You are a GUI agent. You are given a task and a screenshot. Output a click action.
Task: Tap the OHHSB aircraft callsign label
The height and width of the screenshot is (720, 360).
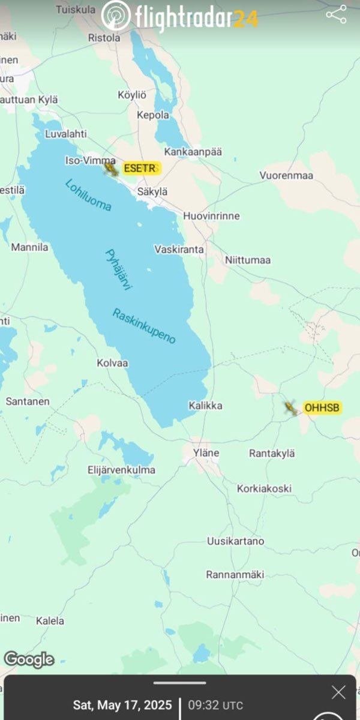click(322, 408)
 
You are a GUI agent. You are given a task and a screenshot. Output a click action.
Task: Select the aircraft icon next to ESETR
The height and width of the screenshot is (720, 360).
click(111, 169)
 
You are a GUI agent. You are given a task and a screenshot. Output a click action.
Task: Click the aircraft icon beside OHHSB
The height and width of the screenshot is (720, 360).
click(291, 409)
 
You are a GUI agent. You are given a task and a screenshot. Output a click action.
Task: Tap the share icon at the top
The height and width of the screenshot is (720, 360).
click(336, 15)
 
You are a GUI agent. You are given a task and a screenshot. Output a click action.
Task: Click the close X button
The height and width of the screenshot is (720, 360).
click(338, 692)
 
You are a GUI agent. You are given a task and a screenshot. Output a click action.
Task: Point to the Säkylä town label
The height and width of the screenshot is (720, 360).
click(152, 191)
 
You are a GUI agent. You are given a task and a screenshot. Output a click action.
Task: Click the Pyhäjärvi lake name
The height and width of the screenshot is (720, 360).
click(119, 270)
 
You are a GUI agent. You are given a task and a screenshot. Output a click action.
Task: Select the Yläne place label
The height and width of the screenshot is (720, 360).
click(206, 453)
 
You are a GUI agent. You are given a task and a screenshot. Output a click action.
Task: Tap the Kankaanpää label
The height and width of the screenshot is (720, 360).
click(193, 152)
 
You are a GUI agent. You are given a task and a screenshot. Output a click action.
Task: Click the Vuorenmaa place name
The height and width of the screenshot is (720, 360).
click(287, 175)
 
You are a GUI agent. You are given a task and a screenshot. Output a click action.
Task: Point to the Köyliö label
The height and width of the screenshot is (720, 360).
click(132, 95)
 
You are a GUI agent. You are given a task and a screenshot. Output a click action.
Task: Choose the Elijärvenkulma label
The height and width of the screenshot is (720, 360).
click(121, 470)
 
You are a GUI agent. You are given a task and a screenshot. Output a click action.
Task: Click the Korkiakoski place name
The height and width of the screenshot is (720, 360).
click(264, 488)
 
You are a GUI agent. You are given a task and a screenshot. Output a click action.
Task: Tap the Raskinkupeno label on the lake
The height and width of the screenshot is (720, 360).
click(144, 326)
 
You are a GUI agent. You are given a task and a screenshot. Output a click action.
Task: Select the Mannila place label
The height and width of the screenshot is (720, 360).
click(29, 247)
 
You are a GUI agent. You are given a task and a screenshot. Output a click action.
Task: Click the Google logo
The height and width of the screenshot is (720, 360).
click(29, 660)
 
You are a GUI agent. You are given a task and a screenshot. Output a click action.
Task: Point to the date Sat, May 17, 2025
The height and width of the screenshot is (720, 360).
click(122, 705)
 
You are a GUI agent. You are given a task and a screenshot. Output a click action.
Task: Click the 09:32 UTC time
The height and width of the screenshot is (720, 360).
click(216, 705)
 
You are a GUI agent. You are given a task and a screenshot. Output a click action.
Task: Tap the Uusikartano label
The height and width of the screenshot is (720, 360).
click(236, 541)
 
